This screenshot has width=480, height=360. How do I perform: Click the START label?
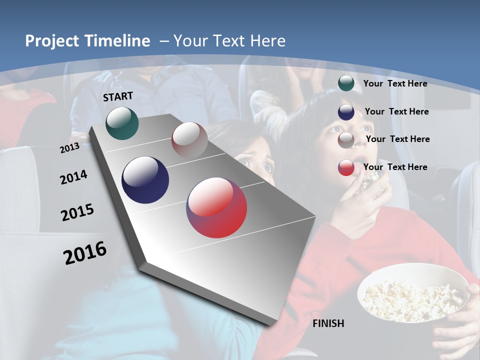[x=118, y=96]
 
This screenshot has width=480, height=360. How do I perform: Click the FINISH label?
[x=328, y=323]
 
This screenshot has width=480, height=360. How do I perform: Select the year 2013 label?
[x=69, y=148]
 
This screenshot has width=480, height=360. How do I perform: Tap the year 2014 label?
[x=73, y=177]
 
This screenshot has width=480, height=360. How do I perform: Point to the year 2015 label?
[x=77, y=212]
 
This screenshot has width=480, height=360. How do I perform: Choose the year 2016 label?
[x=85, y=253]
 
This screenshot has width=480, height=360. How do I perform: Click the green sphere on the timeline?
[x=122, y=123]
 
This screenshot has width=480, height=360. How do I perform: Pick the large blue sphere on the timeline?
[x=145, y=180]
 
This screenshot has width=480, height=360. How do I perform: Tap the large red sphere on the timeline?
[x=216, y=207]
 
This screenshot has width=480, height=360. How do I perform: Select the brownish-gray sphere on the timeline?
[x=189, y=140]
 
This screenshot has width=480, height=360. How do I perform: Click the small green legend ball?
[x=346, y=83]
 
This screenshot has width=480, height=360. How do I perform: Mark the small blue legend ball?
[x=346, y=112]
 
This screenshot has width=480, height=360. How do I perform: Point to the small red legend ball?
[x=346, y=167]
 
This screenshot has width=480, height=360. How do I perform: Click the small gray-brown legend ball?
[x=346, y=140]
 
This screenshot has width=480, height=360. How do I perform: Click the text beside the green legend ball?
[x=395, y=83]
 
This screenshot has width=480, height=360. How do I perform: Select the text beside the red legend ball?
[x=395, y=167]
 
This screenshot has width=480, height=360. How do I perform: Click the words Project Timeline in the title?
[x=87, y=41]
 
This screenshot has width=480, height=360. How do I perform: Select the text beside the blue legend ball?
[x=396, y=111]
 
